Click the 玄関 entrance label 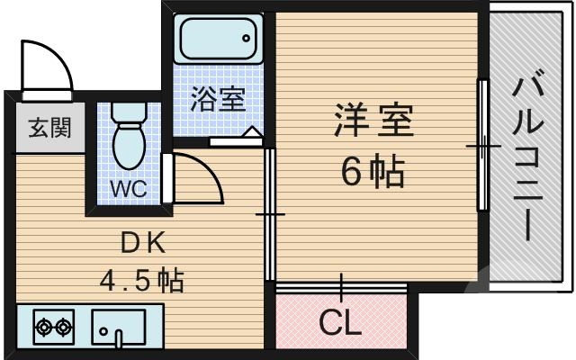[42, 127]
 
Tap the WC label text [130, 190]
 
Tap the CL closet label [340, 321]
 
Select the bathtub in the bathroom [217, 40]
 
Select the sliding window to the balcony [483, 144]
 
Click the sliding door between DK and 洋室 [270, 213]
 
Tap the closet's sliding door [341, 286]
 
